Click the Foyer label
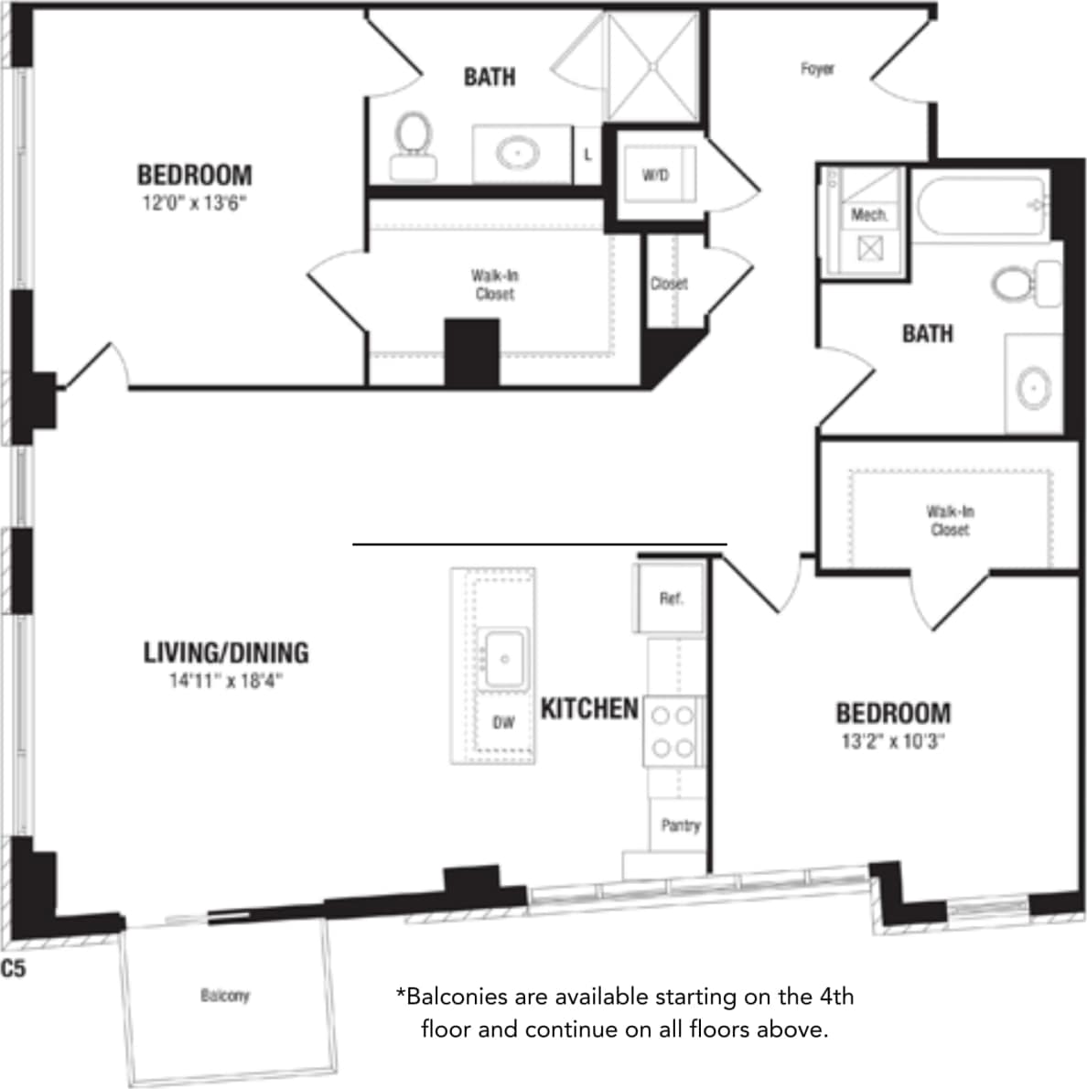(x=817, y=69)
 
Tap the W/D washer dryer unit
(x=655, y=175)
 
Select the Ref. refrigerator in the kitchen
(x=670, y=598)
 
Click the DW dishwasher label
(x=503, y=723)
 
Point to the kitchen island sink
(x=504, y=657)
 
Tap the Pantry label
(x=680, y=825)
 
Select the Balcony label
(x=224, y=995)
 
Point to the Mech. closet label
(x=868, y=215)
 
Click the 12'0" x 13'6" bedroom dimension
(x=194, y=202)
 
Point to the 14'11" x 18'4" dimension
(x=226, y=680)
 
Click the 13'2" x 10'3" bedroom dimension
(x=893, y=740)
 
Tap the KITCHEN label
(x=589, y=708)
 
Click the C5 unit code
(x=14, y=968)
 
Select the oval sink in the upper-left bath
(x=517, y=152)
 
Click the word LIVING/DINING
(x=226, y=652)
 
